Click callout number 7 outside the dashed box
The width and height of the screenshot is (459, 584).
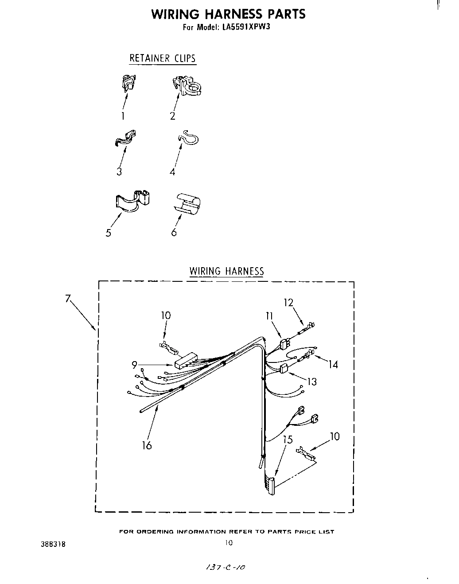(x=68, y=298)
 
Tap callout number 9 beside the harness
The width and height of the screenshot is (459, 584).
(x=134, y=365)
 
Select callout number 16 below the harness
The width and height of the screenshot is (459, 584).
(x=147, y=445)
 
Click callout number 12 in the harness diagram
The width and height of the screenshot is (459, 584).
(x=289, y=303)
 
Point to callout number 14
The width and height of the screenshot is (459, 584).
(x=333, y=364)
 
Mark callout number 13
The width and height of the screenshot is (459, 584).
(x=312, y=381)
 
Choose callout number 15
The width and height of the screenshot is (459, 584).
(x=288, y=440)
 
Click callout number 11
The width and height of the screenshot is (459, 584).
(x=269, y=316)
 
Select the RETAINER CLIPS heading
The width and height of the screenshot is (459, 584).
(x=162, y=58)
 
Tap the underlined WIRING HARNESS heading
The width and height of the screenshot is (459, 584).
(x=226, y=271)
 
